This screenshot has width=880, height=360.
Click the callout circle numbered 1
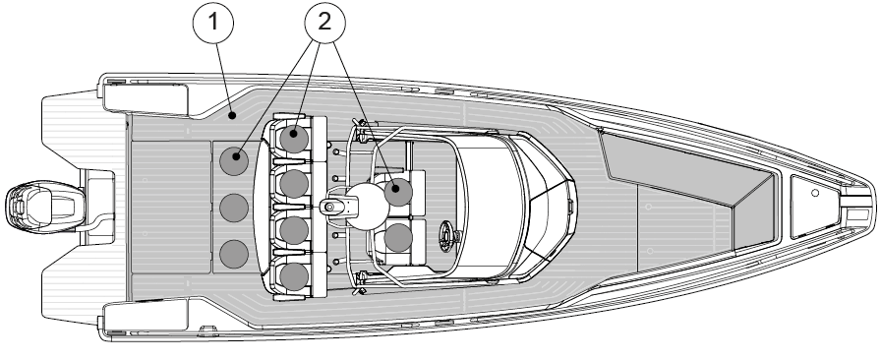pyautogui.click(x=212, y=22)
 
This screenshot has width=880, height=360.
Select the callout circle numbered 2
pyautogui.click(x=324, y=22)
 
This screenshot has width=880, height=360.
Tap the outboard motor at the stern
pyautogui.click(x=44, y=207)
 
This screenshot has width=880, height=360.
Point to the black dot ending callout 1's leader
pyautogui.click(x=231, y=116)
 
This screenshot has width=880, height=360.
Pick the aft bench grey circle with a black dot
pyautogui.click(x=234, y=160)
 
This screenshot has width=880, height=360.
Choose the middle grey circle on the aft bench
pyautogui.click(x=234, y=208)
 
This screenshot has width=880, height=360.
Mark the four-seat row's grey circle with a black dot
pyautogui.click(x=294, y=138)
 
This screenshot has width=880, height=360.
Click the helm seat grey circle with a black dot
pyautogui.click(x=398, y=191)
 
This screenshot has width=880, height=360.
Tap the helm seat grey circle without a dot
pyautogui.click(x=398, y=237)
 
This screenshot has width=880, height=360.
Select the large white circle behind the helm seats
pyautogui.click(x=368, y=207)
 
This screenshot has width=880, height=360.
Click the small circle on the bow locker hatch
pyautogui.click(x=815, y=193)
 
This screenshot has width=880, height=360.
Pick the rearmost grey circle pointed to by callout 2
pyautogui.click(x=234, y=160)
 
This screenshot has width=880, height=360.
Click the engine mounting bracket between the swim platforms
pyautogui.click(x=98, y=207)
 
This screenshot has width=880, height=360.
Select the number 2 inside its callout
pyautogui.click(x=324, y=22)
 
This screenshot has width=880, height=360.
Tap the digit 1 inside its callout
pyautogui.click(x=212, y=22)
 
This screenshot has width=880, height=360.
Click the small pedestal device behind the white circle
pyautogui.click(x=335, y=207)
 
